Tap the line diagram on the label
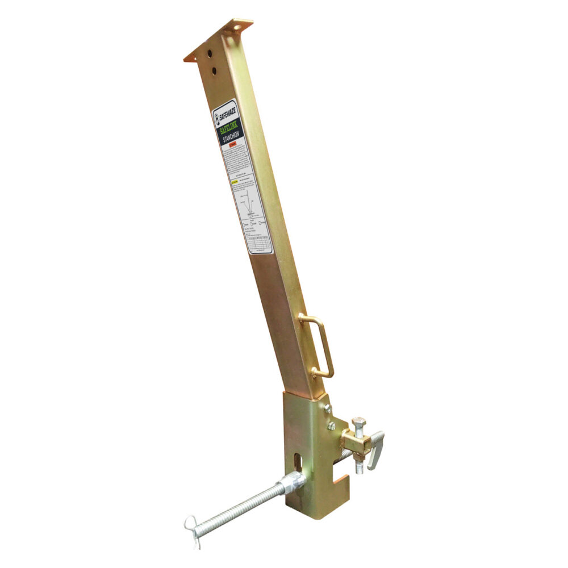click(249, 208)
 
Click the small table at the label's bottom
click(259, 242)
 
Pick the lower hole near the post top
click(214, 70)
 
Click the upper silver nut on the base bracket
click(327, 408)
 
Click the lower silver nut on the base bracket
click(332, 426)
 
